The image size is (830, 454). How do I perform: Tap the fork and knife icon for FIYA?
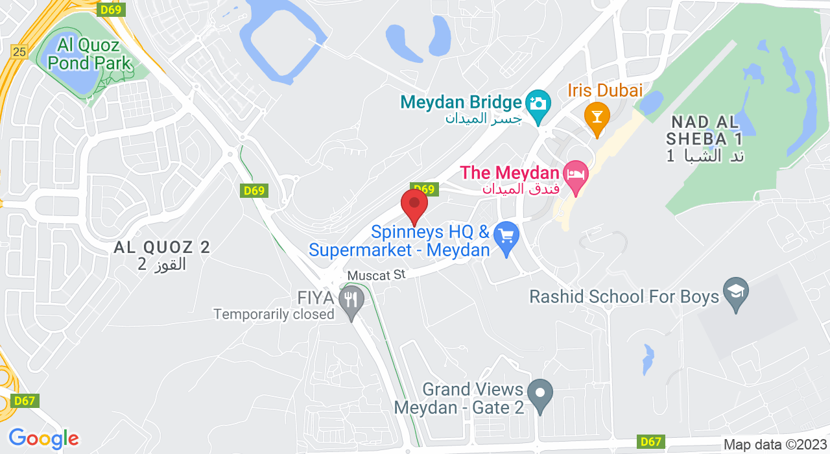coord(351,300)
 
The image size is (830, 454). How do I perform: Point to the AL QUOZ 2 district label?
coord(162,248)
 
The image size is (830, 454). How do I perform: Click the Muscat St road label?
coord(376,275)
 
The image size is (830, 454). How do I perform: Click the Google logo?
coord(43,438)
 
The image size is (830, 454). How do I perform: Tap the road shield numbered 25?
coord(19,52)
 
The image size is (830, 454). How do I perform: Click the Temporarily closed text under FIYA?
coord(274,315)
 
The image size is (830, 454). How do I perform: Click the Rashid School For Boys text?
coord(624,297)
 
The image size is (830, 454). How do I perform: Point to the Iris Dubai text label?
coord(606,90)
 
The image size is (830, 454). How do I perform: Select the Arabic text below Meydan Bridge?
coord(483,119)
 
